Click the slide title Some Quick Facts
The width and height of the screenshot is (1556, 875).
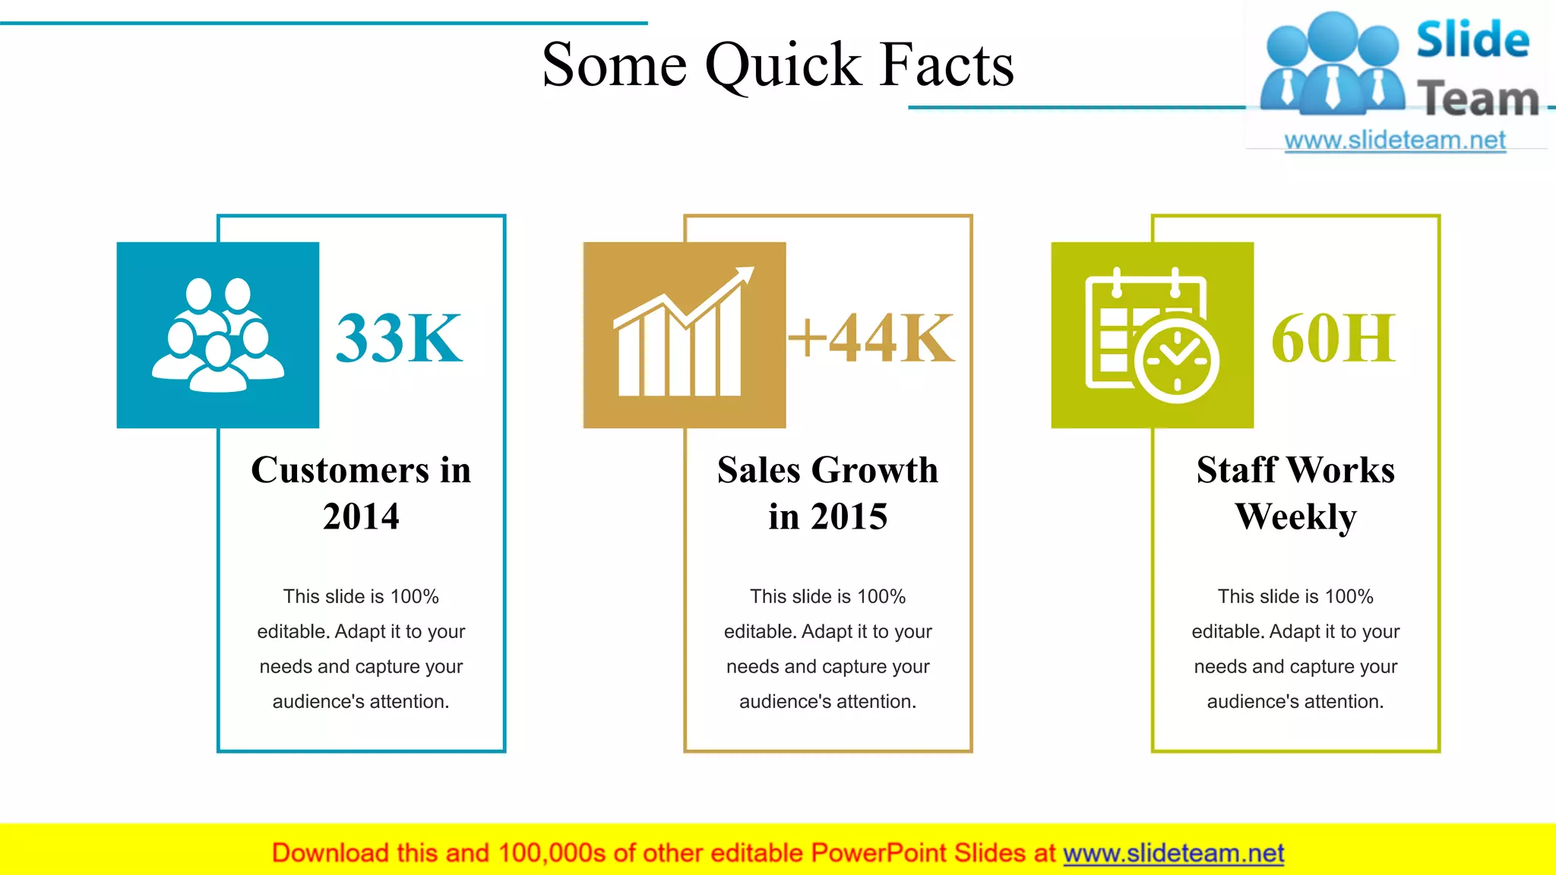pos(777,65)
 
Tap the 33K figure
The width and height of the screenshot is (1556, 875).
pos(399,338)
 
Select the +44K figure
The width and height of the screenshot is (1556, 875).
pos(871,338)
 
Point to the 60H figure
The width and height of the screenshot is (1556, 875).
pos(1333,338)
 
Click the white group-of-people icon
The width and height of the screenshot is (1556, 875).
pos(218,335)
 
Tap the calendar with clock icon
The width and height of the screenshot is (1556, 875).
pos(1152,335)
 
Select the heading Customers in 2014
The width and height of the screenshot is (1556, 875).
pos(361,492)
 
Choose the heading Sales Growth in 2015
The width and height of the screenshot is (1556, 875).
pos(827,492)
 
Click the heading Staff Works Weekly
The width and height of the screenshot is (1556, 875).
pos(1295,492)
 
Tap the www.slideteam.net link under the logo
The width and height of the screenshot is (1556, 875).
pos(1395,141)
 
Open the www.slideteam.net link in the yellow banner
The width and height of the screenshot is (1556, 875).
pos(1173,853)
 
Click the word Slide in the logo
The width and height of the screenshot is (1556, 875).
pos(1472,40)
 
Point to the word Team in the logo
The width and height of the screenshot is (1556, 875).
pos(1478,99)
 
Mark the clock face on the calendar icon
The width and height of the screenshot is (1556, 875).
pos(1177,361)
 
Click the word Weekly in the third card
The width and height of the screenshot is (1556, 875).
pos(1295,516)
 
